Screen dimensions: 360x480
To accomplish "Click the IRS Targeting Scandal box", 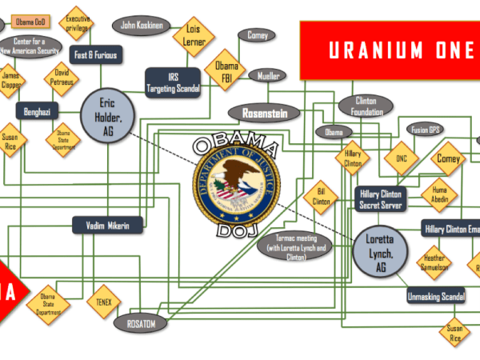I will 172,82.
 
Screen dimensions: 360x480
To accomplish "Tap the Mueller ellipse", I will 267,76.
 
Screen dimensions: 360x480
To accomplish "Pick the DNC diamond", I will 402,158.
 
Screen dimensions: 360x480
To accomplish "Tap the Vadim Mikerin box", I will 108,226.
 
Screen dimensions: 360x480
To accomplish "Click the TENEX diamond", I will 104,302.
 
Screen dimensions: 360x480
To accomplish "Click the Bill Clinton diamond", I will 321,197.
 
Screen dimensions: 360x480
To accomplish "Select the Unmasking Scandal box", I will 437,297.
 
